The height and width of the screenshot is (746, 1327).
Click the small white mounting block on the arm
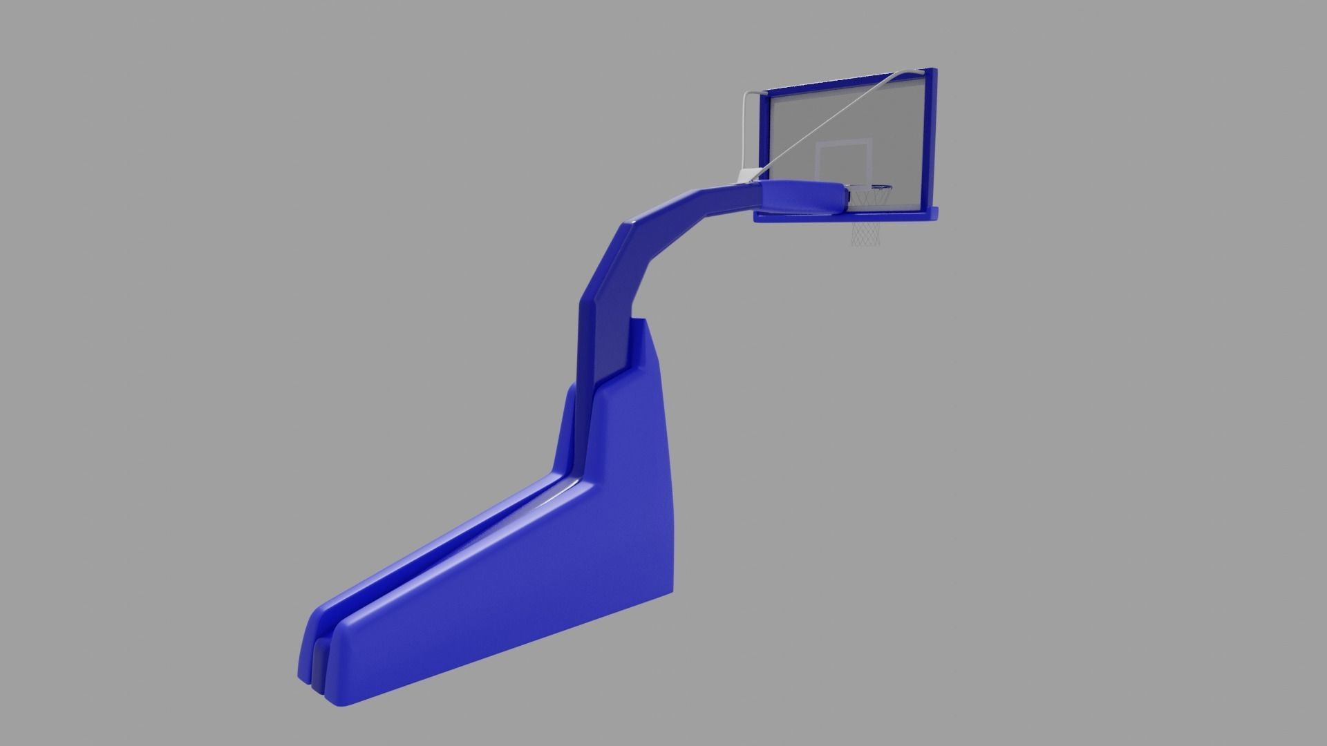tap(747, 176)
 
